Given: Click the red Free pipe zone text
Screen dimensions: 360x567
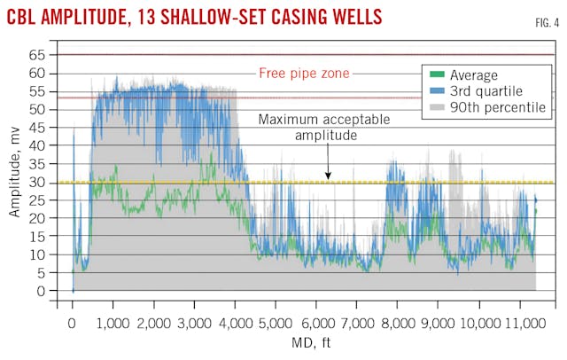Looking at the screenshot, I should (x=304, y=74).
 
